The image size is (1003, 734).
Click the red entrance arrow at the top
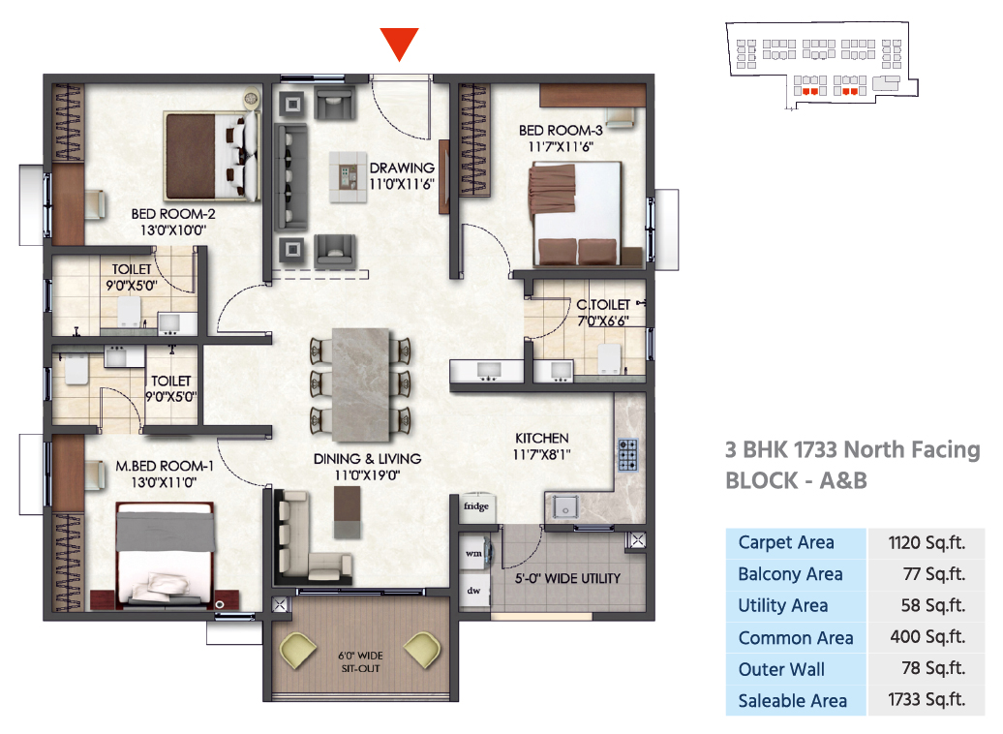pos(399,44)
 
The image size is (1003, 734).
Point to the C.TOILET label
pos(603,305)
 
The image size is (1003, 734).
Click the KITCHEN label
pos(541,438)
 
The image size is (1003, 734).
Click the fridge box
pos(475,506)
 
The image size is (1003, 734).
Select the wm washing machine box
pos(474,553)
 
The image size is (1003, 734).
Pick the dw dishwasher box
pos(474,590)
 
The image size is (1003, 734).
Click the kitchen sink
pos(562,505)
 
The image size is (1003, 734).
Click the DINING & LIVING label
pos(367,459)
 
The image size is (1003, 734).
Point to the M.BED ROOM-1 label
pos(165,466)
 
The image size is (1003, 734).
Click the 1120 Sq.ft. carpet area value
pos(927,542)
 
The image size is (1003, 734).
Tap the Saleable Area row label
pos(792,700)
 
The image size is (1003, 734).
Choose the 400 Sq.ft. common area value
pos(927,637)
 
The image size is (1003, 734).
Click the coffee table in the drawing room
pos(348,176)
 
